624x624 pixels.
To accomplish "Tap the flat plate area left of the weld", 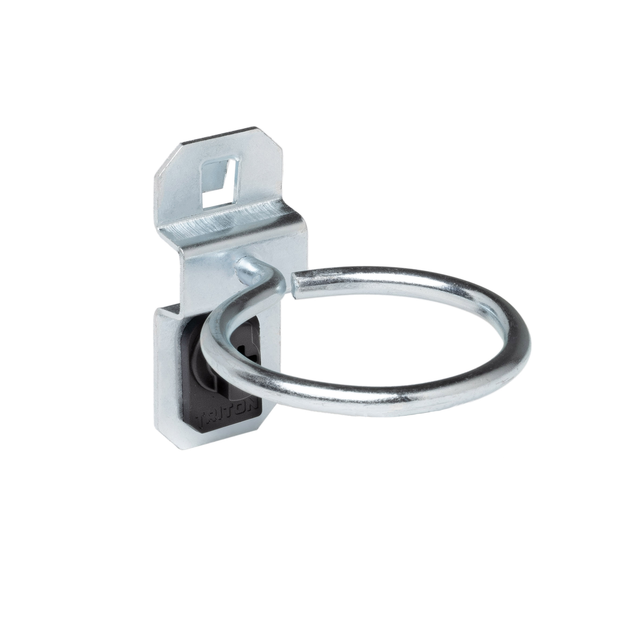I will pyautogui.click(x=207, y=268).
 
